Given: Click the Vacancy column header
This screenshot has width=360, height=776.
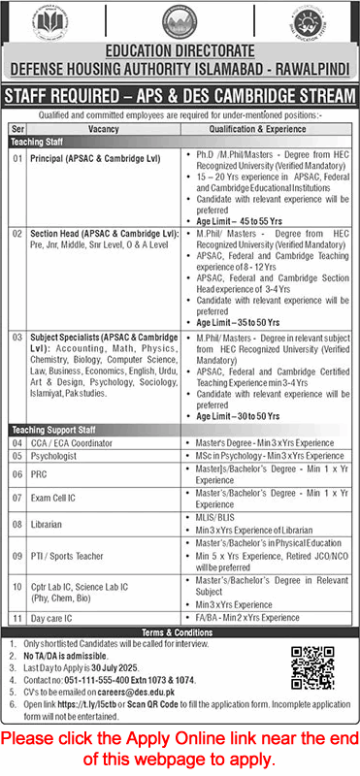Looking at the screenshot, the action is [101, 126].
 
